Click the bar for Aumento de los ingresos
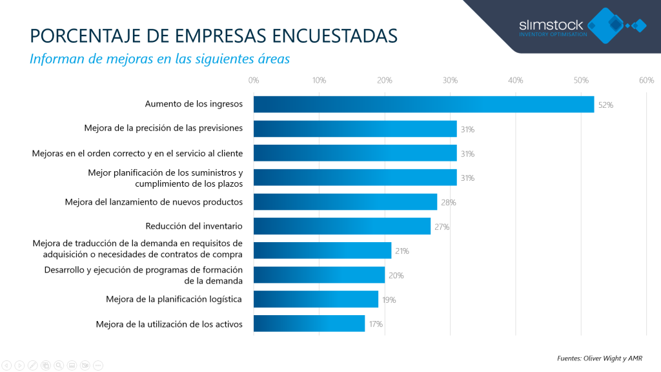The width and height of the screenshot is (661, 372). tap(423, 104)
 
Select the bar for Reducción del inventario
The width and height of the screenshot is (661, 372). tap(342, 226)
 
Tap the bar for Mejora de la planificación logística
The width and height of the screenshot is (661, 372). tap(316, 299)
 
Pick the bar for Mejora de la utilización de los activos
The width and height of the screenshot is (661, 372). tap(309, 324)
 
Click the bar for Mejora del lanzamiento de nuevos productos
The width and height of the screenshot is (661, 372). tap(345, 201)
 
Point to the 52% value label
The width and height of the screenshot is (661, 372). tap(605, 105)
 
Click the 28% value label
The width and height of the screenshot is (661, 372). tap(449, 202)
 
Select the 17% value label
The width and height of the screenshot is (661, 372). tap(376, 324)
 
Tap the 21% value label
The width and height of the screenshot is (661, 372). tap(402, 251)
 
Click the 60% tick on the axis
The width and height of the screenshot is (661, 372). tap(646, 81)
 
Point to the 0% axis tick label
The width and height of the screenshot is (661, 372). tap(254, 81)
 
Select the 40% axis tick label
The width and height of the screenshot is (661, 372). tap(515, 81)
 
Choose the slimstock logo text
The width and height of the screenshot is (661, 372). tap(551, 25)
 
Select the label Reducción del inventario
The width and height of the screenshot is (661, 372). tap(194, 226)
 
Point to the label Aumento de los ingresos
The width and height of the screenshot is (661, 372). tap(194, 104)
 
